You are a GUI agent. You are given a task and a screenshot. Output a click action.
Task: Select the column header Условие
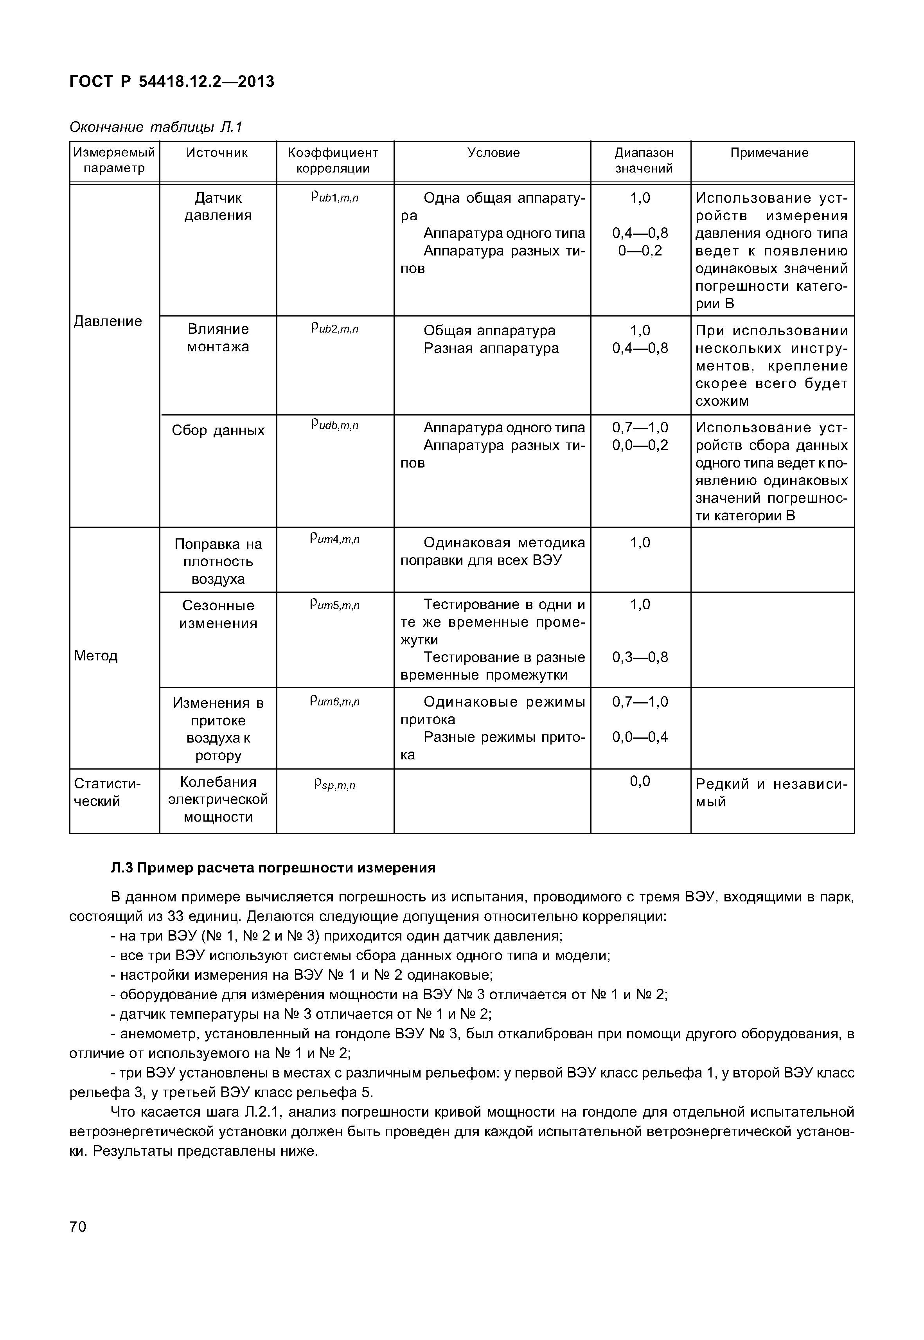pos(493,153)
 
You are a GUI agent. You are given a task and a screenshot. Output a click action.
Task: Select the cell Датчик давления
pos(218,207)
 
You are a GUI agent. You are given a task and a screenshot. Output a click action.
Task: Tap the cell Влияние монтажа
pos(218,338)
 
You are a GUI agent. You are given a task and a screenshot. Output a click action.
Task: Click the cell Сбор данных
pos(218,430)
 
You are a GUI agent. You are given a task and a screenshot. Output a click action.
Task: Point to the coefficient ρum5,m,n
pos(334,605)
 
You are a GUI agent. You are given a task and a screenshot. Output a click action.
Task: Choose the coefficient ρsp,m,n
pos(334,785)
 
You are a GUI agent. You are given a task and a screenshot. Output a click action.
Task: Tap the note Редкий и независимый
pos(771,793)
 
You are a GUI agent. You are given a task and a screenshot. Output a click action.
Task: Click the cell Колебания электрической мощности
pos(218,800)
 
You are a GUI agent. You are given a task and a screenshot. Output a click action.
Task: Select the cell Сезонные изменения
pos(218,614)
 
